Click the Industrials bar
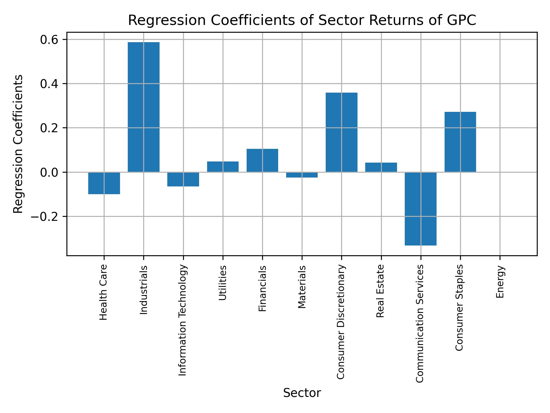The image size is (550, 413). [144, 107]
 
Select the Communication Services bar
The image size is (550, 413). [421, 209]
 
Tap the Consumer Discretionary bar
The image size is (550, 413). [341, 132]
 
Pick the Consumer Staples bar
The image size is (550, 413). [460, 142]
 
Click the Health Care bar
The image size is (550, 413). [104, 183]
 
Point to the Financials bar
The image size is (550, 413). [262, 160]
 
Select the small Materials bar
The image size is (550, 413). [302, 175]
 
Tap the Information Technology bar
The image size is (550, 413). [183, 179]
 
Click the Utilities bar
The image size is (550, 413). [223, 167]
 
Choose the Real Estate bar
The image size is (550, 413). [381, 167]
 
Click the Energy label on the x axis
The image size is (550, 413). [500, 282]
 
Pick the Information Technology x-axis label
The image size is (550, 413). [182, 320]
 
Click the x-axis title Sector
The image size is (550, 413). [302, 393]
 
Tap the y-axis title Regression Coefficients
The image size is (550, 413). [18, 144]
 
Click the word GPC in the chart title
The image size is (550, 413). [462, 21]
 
